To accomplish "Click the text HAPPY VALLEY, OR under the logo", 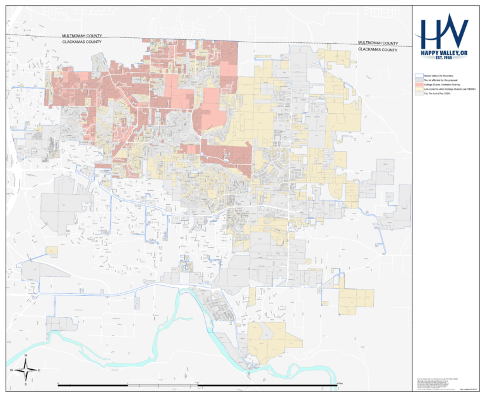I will coord(445,52).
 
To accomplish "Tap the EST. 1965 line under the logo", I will coord(445,59).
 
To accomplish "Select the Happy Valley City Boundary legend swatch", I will coord(418,76).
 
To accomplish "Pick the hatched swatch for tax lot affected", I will coord(418,80).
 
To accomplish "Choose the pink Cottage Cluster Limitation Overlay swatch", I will coord(418,85).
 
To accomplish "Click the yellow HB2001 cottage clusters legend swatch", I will coord(418,89).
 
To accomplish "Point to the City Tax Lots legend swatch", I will coord(418,94).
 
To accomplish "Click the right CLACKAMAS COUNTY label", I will coord(378,49).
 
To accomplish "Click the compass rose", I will coord(25,370).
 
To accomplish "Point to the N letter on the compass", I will coord(25,356).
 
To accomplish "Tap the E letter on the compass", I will coord(40,370).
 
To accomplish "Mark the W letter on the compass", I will coord(11,370).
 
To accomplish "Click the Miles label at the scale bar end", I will coord(340,384).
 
